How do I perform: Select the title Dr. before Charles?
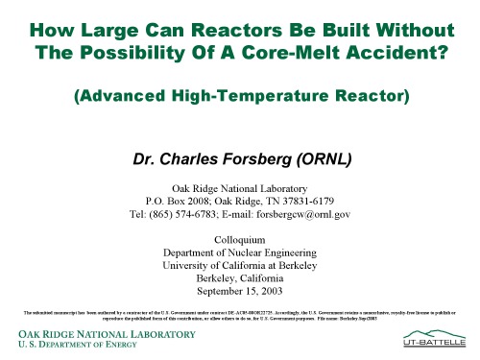[x=151, y=152]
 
